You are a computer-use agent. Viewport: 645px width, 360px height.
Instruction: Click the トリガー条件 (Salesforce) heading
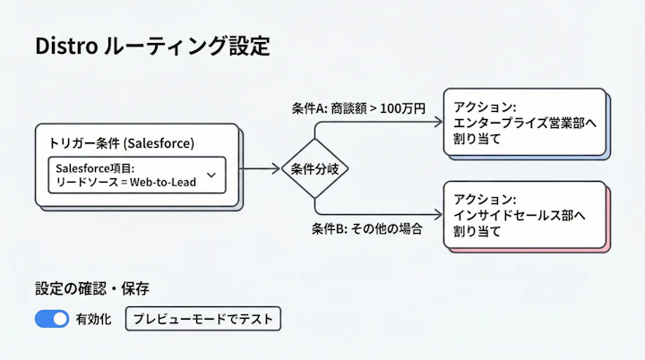[121, 143]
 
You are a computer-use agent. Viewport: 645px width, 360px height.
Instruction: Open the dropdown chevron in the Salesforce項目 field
[211, 175]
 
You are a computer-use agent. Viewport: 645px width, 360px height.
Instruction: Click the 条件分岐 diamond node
[314, 168]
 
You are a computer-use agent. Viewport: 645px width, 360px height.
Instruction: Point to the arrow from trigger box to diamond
[261, 168]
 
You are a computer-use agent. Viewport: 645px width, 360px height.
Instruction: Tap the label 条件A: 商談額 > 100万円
[358, 108]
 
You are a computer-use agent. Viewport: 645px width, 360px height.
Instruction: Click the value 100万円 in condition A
[402, 108]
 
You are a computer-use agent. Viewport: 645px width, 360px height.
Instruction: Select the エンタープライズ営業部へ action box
[524, 123]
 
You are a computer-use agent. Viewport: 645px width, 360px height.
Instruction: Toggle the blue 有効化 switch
[52, 318]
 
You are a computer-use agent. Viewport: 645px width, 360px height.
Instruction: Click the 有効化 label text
[94, 319]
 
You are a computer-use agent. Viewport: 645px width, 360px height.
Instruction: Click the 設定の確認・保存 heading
[92, 288]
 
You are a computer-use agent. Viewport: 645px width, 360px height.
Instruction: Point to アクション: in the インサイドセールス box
[485, 199]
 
